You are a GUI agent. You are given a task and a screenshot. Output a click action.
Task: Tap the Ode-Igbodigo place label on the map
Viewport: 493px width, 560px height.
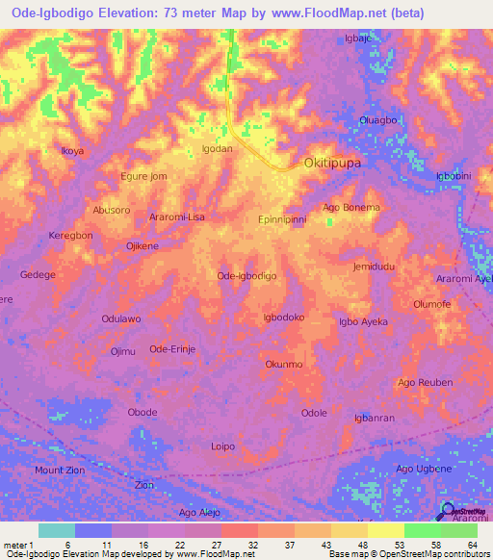pyautogui.click(x=247, y=276)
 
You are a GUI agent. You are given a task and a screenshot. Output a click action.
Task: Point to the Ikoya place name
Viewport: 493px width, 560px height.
pyautogui.click(x=72, y=151)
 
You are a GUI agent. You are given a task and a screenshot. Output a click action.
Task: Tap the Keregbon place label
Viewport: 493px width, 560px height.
pyautogui.click(x=70, y=236)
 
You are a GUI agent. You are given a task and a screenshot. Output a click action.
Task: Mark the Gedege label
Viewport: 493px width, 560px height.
pyautogui.click(x=38, y=274)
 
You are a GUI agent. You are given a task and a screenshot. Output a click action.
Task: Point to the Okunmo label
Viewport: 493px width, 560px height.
pyautogui.click(x=284, y=365)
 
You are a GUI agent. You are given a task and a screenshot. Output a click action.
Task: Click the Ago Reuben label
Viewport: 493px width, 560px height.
pyautogui.click(x=425, y=382)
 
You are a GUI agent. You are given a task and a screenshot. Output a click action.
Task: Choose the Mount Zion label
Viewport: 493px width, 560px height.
pyautogui.click(x=60, y=470)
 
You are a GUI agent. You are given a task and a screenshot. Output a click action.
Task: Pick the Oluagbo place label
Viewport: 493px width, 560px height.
pyautogui.click(x=377, y=120)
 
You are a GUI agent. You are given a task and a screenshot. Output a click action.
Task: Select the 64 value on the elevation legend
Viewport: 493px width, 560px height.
pyautogui.click(x=473, y=545)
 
